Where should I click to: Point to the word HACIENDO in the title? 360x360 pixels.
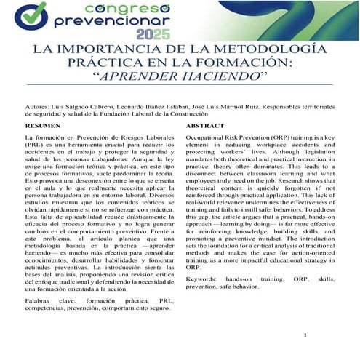[x=214, y=76]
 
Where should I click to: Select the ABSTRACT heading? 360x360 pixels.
[x=204, y=126]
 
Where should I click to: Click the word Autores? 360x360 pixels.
[x=39, y=105]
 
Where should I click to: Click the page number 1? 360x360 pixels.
[x=308, y=336]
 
